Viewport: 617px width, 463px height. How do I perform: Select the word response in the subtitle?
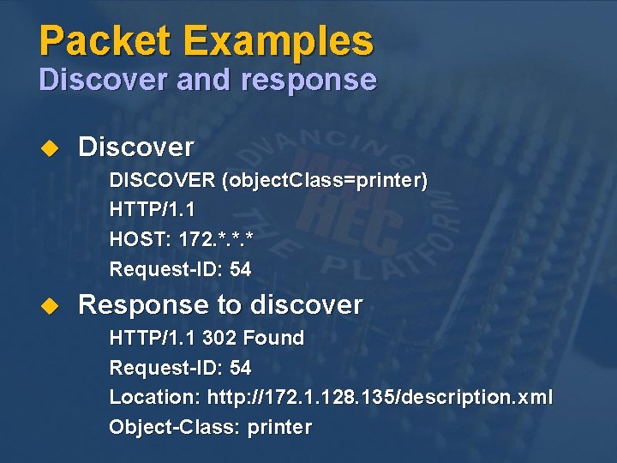309,80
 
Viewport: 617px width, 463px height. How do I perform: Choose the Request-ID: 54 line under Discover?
180,269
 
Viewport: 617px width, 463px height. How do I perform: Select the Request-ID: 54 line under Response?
180,369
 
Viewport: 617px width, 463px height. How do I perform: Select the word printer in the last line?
279,427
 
